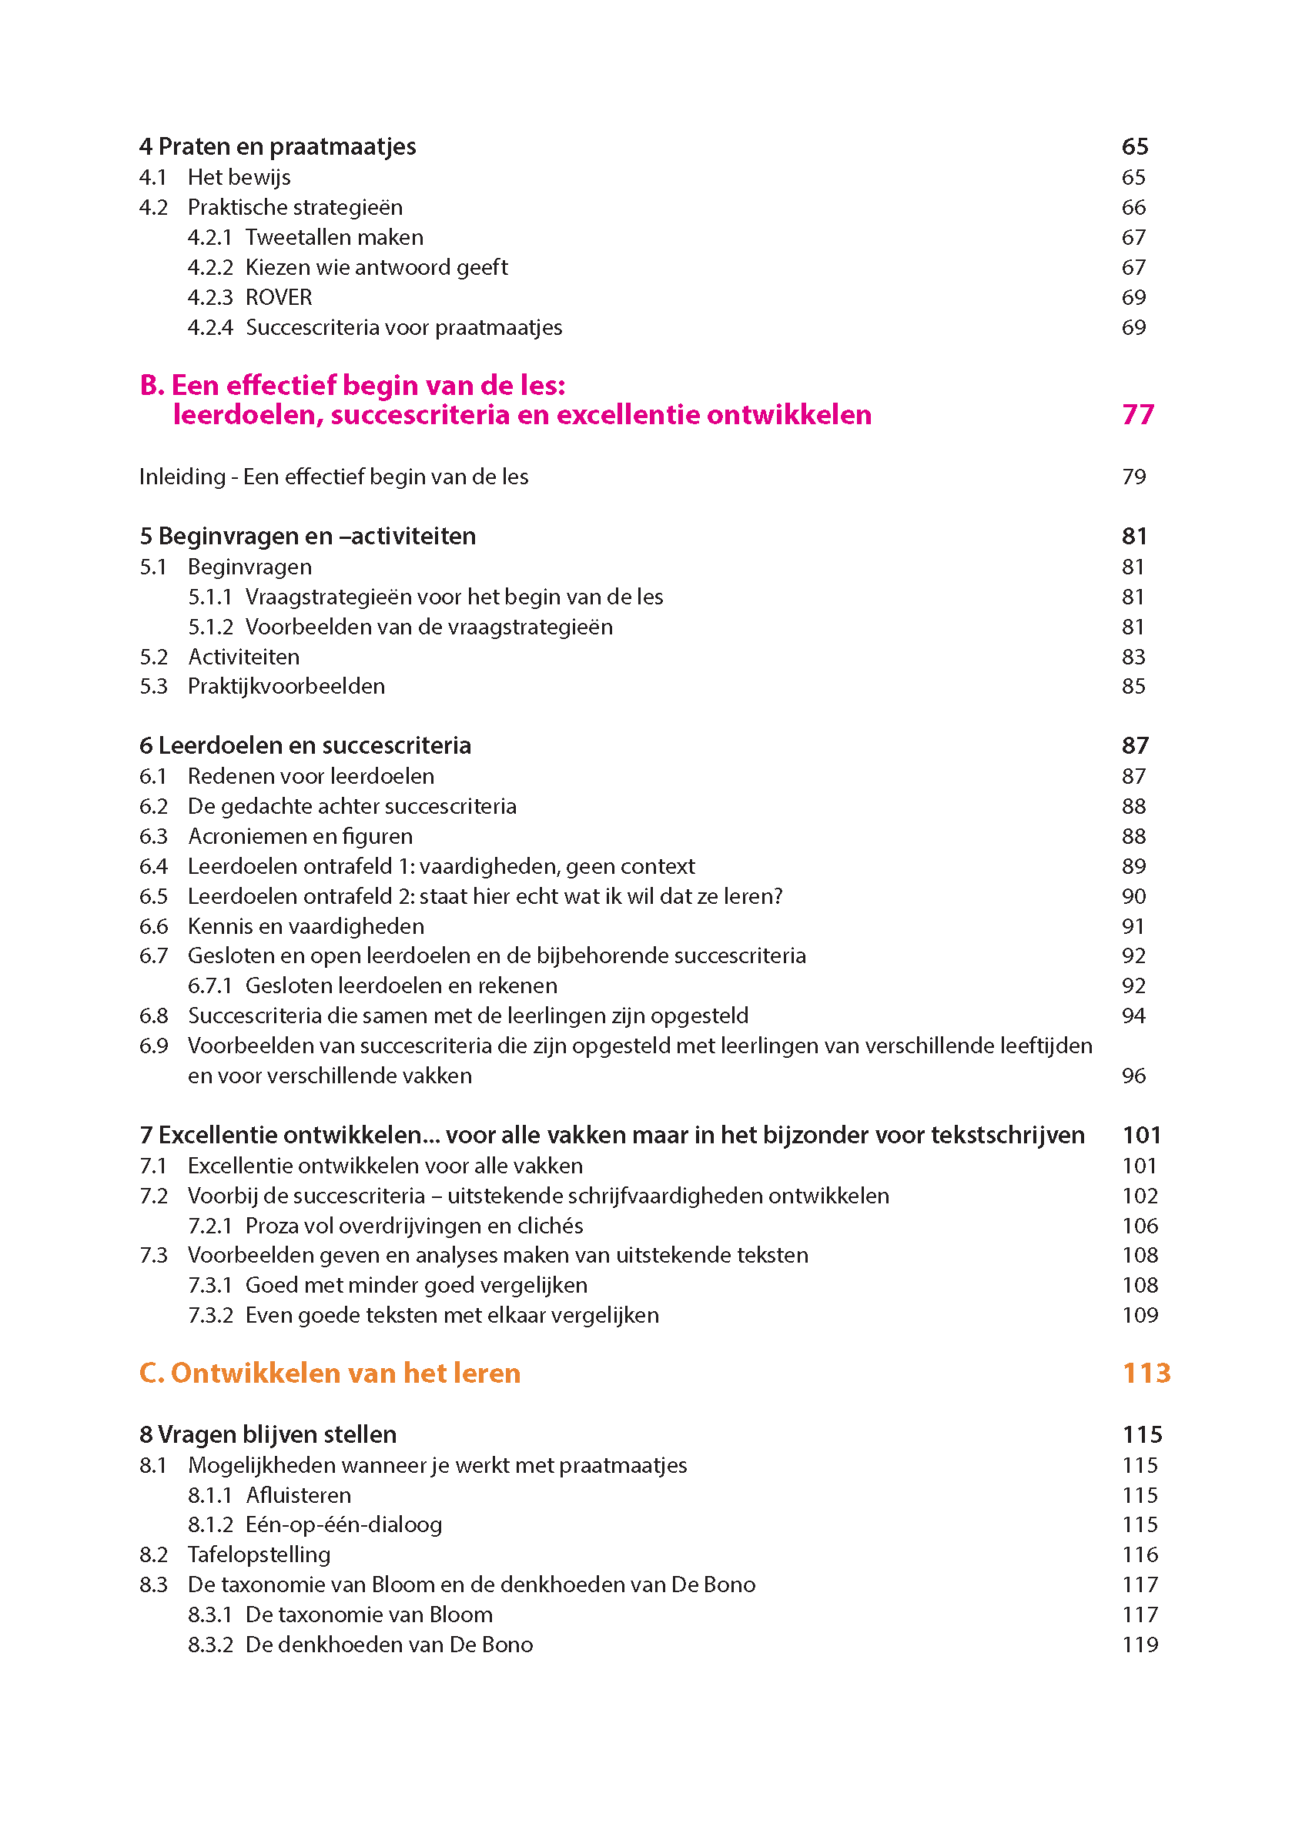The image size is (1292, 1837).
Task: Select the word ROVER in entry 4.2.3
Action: (x=279, y=298)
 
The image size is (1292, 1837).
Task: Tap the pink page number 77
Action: (x=1137, y=414)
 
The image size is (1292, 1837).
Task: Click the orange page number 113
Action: (x=1146, y=1373)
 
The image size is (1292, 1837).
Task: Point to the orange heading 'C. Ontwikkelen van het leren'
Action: (x=330, y=1373)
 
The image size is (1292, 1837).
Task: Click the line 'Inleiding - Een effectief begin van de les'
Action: (x=333, y=477)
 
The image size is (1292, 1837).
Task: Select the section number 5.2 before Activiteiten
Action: (x=153, y=657)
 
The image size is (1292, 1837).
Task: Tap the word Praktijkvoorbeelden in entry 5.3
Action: (x=286, y=687)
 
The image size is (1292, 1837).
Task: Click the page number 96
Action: (x=1133, y=1076)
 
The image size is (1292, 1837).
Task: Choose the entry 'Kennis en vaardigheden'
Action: (x=306, y=926)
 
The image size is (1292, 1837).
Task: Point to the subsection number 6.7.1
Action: (x=209, y=985)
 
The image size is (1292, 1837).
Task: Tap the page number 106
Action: (x=1140, y=1226)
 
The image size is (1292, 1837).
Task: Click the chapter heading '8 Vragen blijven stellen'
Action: (x=268, y=1434)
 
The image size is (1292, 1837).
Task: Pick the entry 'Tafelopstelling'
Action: (x=259, y=1554)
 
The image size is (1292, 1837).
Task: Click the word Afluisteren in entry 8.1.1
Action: (x=299, y=1495)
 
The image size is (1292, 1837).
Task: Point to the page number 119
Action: (x=1140, y=1645)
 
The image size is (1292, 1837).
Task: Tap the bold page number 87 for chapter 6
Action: (x=1135, y=746)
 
